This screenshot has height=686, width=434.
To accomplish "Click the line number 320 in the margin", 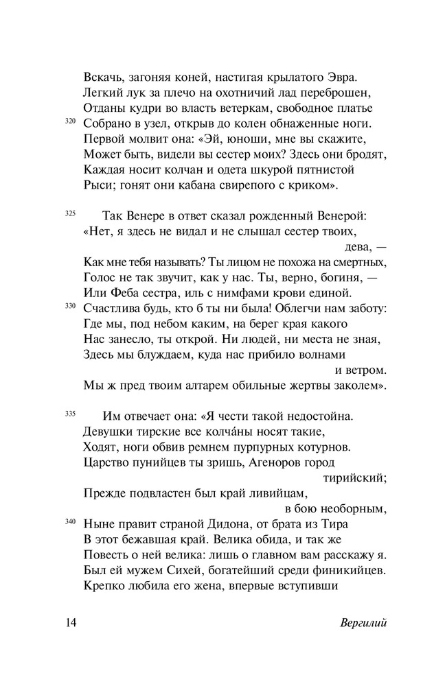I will (70, 121).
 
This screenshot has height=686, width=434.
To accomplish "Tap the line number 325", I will (70, 213).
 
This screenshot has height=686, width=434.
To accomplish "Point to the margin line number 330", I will (70, 305).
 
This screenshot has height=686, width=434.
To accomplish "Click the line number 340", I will (70, 521).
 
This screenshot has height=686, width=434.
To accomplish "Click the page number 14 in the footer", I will (73, 623).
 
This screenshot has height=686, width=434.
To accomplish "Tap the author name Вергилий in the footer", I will (363, 623).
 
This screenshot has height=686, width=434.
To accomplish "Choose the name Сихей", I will (161, 570).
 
